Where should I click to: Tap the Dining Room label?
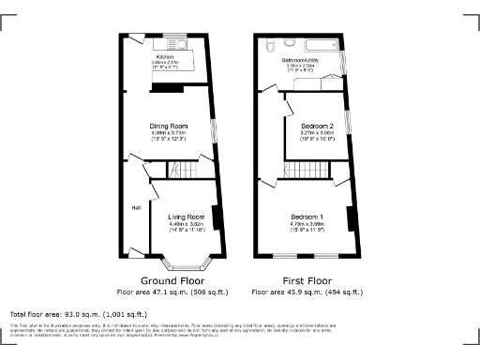(x=170, y=126)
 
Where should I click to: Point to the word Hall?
(x=136, y=207)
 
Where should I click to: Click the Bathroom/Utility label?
(x=302, y=59)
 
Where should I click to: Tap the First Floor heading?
(x=307, y=280)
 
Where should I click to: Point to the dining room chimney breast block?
(x=167, y=88)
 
